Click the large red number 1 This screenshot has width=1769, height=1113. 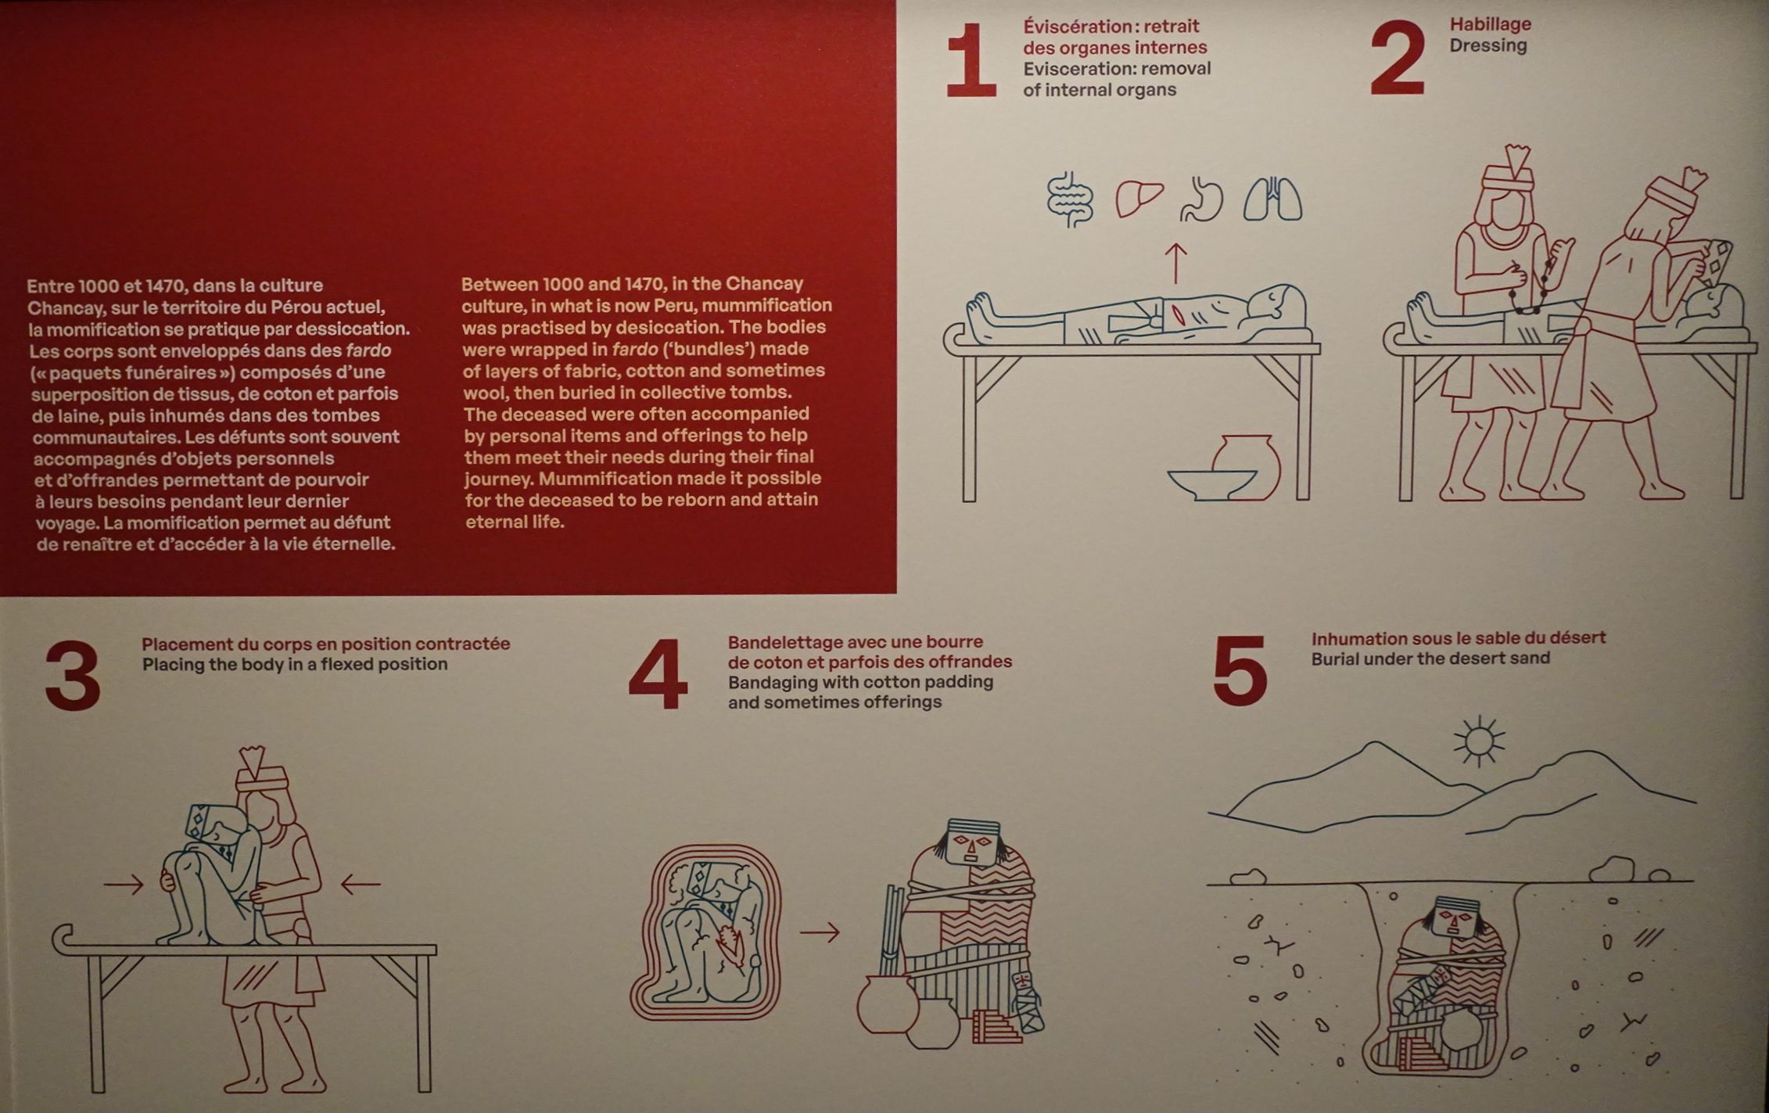point(971,59)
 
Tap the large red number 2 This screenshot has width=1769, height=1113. point(1398,58)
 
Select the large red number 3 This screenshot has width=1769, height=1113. point(73,675)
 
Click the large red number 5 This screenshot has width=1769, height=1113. point(1240,670)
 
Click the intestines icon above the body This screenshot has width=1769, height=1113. point(1070,200)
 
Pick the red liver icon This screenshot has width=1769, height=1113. point(1139,199)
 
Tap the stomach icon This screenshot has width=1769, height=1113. point(1202,199)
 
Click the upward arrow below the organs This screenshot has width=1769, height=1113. point(1175,263)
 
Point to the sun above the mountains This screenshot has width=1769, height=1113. point(1479,740)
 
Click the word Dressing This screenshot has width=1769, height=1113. point(1487,45)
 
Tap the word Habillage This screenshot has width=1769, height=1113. point(1490,24)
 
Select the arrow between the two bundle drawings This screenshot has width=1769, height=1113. point(820,932)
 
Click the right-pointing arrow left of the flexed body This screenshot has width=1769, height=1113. point(124,885)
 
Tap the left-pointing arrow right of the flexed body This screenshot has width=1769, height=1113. point(361,885)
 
